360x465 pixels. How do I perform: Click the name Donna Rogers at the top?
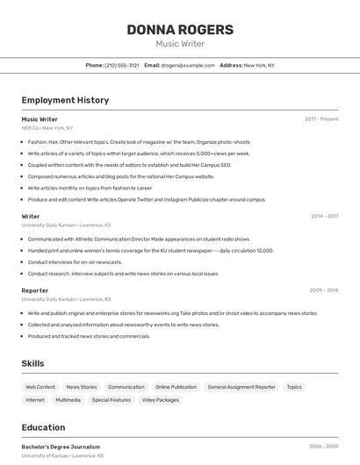(180, 30)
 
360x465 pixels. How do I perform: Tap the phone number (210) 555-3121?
(122, 65)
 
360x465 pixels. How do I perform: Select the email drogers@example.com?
(188, 65)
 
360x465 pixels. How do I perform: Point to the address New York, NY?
(259, 65)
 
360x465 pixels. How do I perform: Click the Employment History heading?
(65, 100)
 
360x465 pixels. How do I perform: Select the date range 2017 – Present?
(321, 119)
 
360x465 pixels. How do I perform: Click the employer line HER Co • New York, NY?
(47, 128)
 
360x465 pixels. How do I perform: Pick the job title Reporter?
(35, 290)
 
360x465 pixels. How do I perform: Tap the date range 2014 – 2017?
(324, 216)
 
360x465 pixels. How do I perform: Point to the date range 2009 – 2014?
(324, 290)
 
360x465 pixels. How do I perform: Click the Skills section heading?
(34, 362)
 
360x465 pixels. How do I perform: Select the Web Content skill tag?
(40, 387)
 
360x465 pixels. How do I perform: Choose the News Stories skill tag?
(82, 387)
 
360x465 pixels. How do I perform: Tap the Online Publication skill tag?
(176, 387)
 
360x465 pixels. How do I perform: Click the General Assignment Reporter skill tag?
(241, 387)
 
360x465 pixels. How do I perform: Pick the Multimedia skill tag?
(68, 400)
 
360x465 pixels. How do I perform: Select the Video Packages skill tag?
(161, 400)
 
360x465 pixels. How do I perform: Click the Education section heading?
(43, 427)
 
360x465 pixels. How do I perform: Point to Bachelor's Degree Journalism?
(61, 447)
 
